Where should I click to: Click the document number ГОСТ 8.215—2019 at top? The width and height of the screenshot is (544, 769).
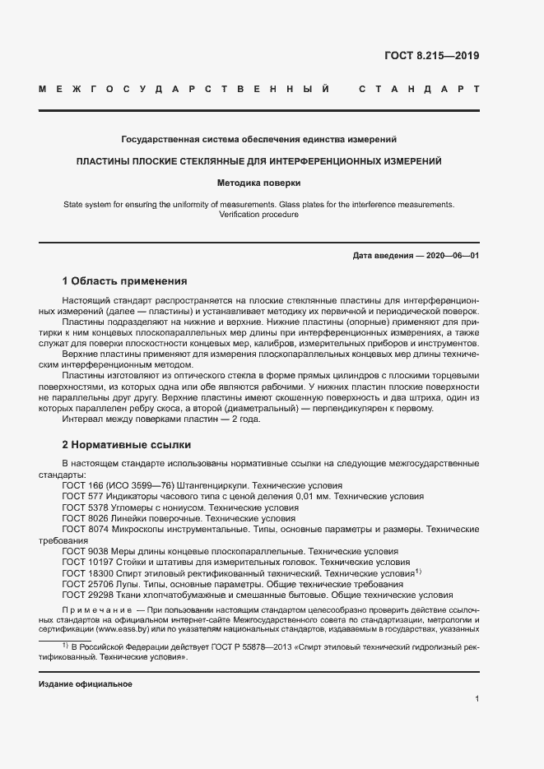(x=431, y=57)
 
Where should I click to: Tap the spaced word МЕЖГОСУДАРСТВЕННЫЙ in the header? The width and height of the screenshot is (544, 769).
(x=184, y=88)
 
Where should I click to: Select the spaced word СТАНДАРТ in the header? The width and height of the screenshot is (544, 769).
(x=419, y=88)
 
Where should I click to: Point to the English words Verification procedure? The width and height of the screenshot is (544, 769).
(x=258, y=214)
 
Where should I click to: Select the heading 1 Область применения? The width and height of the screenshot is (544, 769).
(x=124, y=281)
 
